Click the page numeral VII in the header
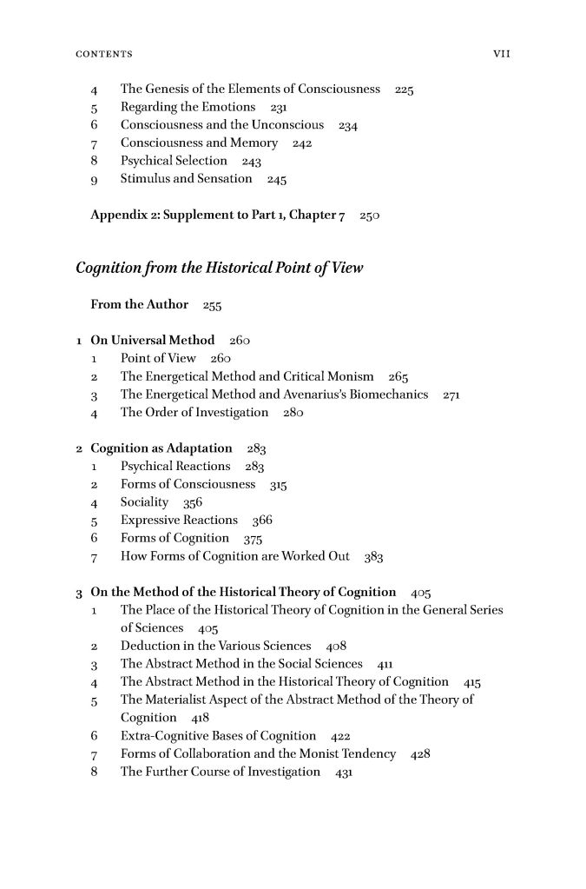500,54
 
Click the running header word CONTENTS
103,54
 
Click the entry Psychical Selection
174,162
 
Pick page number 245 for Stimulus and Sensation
277,180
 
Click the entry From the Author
139,304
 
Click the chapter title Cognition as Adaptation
161,448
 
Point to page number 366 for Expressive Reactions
261,521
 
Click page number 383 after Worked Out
373,557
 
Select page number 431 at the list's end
344,773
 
